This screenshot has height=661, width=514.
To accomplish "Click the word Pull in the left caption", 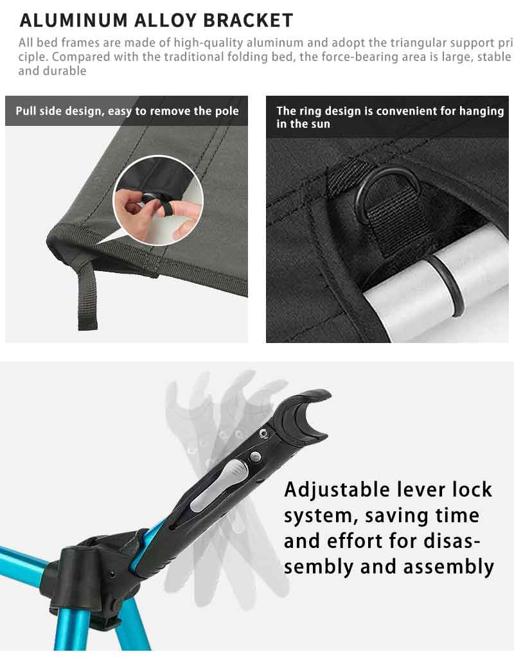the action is tap(24, 111).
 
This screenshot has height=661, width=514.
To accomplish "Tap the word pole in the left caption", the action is tap(227, 111).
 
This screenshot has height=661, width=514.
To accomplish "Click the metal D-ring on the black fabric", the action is tap(388, 189).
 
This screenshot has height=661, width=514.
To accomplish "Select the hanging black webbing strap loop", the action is tap(87, 295).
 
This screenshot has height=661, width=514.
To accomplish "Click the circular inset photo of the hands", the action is tap(158, 200).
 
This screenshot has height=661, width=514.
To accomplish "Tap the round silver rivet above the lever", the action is tap(255, 457).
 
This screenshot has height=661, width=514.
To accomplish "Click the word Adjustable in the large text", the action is tap(337, 490).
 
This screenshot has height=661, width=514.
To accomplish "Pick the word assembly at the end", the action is tap(449, 567).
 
